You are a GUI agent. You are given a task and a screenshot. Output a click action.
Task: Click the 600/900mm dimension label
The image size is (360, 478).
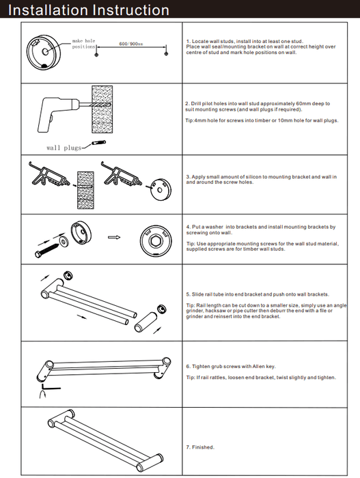point(131,44)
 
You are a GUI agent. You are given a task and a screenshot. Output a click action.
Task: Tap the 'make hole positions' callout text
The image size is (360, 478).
point(83,44)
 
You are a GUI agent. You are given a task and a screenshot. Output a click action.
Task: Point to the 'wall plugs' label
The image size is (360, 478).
point(64,148)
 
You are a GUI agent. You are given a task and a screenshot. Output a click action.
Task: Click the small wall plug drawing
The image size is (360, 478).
point(99,143)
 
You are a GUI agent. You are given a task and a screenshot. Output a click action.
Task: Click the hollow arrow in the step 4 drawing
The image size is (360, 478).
point(114,237)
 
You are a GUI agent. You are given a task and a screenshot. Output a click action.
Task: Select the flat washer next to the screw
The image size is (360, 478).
point(64,242)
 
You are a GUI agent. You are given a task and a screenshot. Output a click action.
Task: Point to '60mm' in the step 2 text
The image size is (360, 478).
point(303,104)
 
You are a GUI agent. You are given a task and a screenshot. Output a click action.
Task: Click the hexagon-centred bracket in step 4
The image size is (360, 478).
point(156,240)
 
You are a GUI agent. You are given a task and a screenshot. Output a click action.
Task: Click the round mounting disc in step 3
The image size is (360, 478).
point(161,190)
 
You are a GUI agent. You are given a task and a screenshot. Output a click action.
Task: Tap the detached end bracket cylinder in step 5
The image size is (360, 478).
point(146,322)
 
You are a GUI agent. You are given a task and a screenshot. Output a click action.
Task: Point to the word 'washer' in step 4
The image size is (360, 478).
point(214,227)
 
